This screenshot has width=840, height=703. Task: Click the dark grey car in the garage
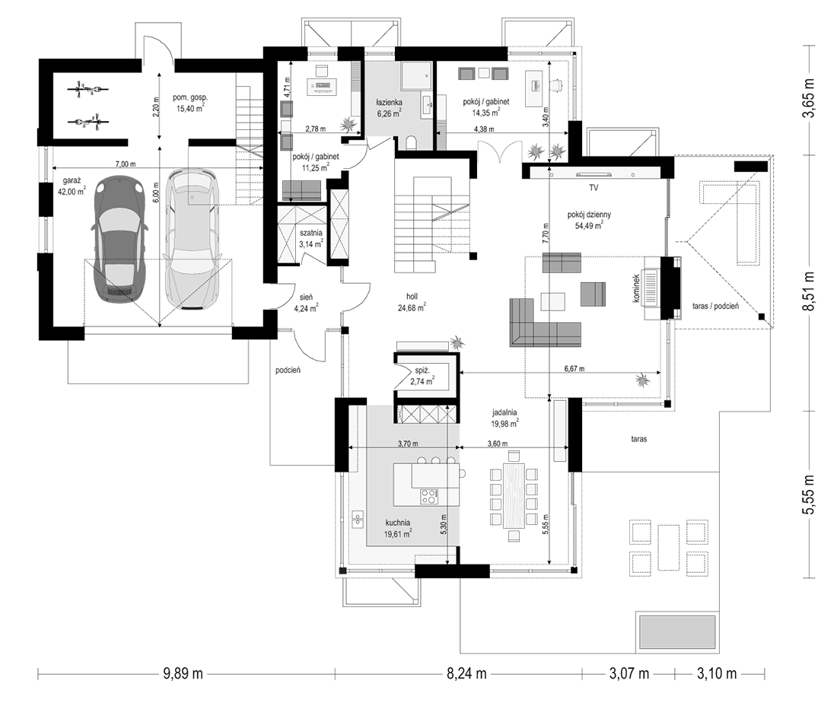(120, 241)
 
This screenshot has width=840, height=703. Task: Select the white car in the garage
(191, 240)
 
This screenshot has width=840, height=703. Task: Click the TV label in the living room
(593, 188)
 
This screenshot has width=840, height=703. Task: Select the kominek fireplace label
(636, 289)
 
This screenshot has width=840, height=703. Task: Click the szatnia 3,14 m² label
(310, 238)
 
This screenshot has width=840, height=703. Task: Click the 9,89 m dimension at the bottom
(183, 673)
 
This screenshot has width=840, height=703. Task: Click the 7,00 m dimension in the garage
(126, 164)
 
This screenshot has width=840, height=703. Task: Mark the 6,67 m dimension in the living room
(574, 369)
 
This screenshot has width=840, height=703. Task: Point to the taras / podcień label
(716, 306)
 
